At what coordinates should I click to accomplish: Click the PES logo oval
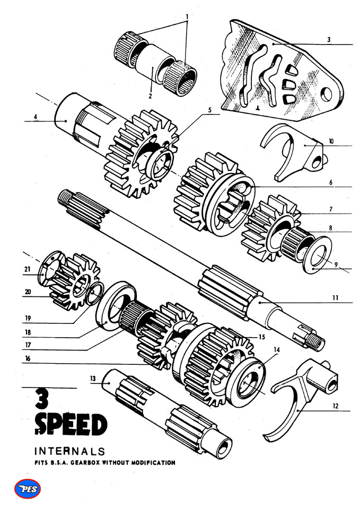28,488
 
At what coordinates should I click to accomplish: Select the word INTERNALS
69,452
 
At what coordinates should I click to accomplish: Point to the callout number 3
329,39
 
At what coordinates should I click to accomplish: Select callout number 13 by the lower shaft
93,378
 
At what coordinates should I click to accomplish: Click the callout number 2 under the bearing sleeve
150,96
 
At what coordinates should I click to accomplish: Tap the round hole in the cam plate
325,94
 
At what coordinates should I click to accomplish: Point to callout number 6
330,182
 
